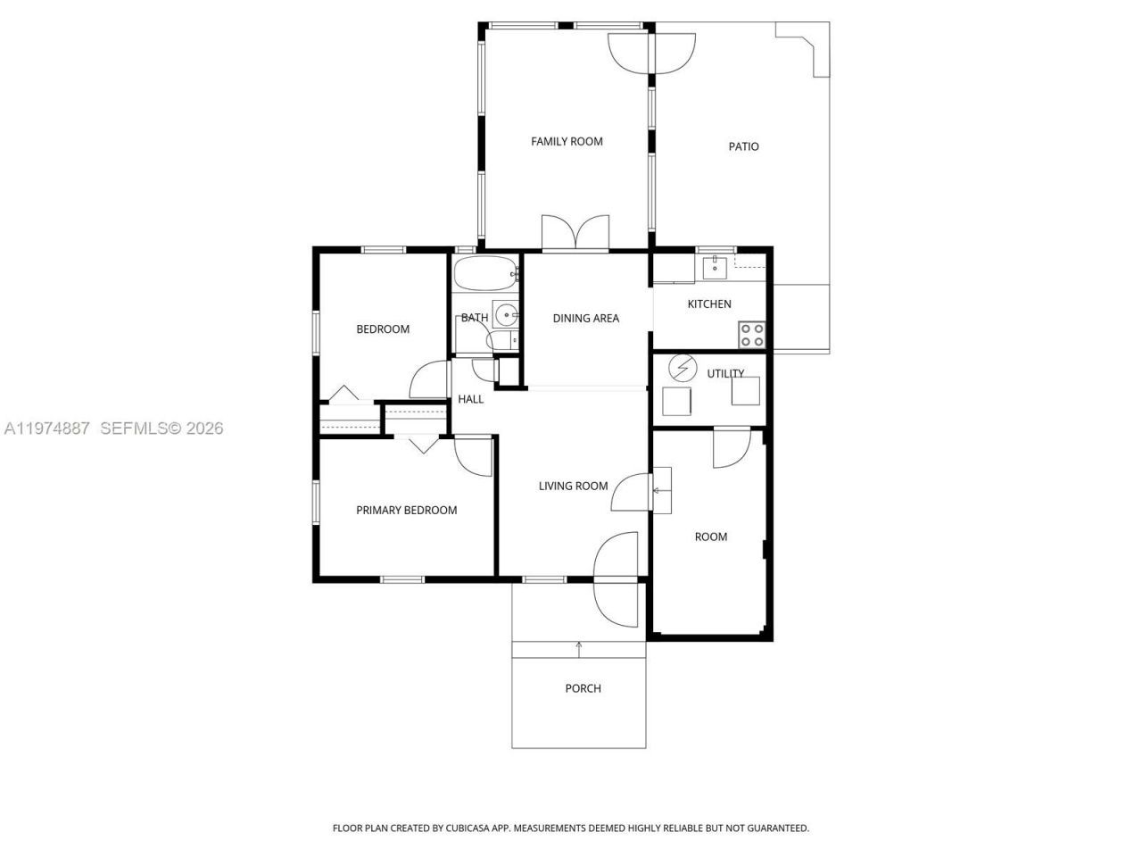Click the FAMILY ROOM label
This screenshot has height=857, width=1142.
(567, 141)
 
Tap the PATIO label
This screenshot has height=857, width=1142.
(743, 146)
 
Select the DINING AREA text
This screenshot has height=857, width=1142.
(585, 318)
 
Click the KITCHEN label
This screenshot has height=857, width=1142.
(709, 304)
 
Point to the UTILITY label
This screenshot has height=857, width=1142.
(725, 373)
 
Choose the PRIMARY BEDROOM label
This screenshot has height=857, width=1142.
(406, 510)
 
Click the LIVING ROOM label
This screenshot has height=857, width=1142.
(573, 486)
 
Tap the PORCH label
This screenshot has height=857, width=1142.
(583, 688)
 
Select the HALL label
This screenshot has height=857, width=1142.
(470, 399)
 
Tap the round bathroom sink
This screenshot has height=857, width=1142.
(506, 313)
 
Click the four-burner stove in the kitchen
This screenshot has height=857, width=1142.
(752, 335)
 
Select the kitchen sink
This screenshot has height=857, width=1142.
(715, 265)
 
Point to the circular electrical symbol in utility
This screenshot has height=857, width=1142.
(683, 368)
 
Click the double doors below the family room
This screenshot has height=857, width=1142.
(575, 234)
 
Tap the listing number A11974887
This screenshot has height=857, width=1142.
(46, 428)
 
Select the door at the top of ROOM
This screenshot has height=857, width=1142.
(731, 446)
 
